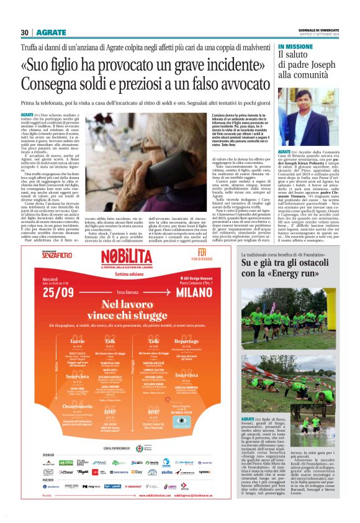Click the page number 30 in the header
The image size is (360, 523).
[x=25, y=32]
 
